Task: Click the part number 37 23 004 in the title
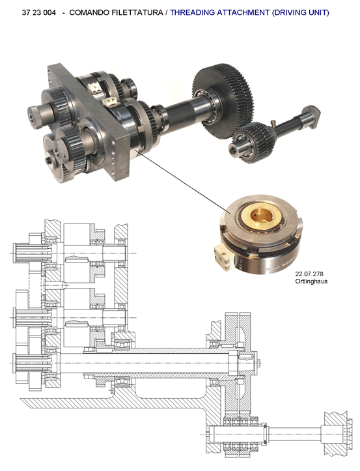tap(38, 12)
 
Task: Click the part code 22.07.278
tap(309, 274)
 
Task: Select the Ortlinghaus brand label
tap(311, 281)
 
